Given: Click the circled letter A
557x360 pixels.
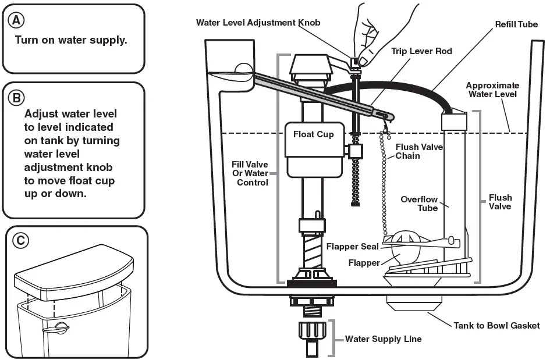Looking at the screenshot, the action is (16, 20).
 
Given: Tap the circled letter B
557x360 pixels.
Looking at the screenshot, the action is (16, 98).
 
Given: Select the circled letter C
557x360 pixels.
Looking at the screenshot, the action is (20, 241).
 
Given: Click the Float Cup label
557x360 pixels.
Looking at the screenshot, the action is (313, 134).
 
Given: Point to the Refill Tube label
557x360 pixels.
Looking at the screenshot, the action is (516, 24).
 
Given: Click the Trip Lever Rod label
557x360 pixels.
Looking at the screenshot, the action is (421, 51).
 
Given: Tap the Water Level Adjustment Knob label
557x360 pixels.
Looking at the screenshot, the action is (258, 23).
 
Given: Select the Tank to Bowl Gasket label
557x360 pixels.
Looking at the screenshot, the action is (496, 326).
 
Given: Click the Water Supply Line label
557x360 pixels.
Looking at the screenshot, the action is (384, 339).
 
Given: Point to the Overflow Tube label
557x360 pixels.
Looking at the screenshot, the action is (419, 204).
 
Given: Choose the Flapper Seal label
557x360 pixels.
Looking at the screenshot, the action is (352, 247).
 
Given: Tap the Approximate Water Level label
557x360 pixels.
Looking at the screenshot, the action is (492, 90).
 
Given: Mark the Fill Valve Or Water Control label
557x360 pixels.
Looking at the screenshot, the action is (250, 174).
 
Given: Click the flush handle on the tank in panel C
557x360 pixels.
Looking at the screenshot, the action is (55, 329).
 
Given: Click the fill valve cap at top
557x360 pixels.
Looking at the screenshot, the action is (311, 67).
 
